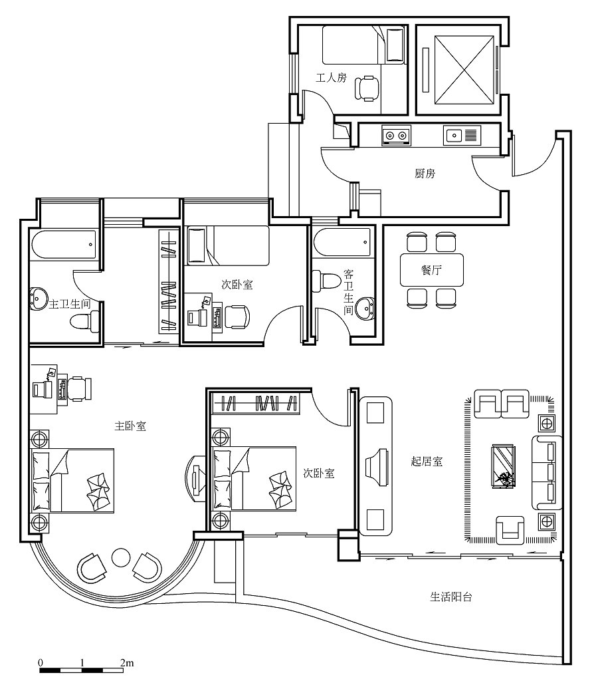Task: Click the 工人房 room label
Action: click(331, 78)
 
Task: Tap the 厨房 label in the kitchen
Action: click(425, 174)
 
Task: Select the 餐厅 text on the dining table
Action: click(431, 270)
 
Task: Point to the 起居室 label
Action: click(427, 462)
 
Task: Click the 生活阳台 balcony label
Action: click(450, 597)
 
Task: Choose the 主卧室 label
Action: click(130, 426)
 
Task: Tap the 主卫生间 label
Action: click(69, 303)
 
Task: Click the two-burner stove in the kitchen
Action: click(396, 136)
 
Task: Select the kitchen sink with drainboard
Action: click(462, 135)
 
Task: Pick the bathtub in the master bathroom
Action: click(63, 245)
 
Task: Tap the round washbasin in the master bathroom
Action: click(39, 299)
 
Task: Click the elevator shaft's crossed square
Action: click(464, 69)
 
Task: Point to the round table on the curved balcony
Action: click(121, 558)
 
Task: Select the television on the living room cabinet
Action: click(376, 467)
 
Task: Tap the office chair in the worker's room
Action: click(367, 88)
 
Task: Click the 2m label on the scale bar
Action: click(127, 663)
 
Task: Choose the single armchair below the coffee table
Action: click(510, 530)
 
